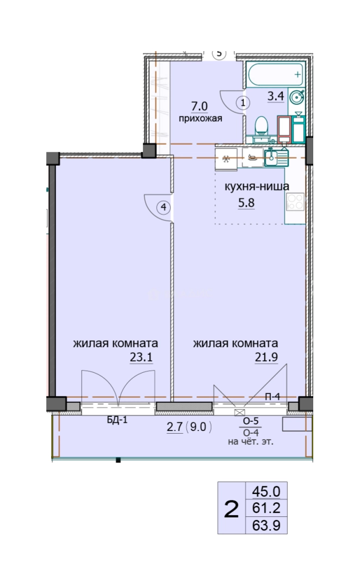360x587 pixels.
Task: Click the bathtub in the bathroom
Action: [275, 74]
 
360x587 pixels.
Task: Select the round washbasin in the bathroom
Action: [297, 97]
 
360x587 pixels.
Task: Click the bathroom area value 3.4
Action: [275, 96]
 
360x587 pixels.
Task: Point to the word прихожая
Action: [200, 118]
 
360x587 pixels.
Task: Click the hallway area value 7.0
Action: [199, 106]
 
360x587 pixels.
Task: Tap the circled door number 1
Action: [243, 102]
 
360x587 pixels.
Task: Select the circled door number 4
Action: [164, 207]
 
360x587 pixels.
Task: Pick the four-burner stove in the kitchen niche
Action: [295, 202]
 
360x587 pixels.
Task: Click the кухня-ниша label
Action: [257, 186]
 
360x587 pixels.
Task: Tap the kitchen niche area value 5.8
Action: [246, 203]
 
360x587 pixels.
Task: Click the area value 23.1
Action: [141, 358]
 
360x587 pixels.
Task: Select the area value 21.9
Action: [266, 358]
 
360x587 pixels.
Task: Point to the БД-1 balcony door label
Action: [117, 420]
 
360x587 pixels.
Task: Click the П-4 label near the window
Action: [272, 397]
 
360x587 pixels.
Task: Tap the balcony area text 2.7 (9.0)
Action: [190, 427]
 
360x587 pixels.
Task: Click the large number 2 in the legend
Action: [231, 509]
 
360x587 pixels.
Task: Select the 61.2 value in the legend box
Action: [266, 508]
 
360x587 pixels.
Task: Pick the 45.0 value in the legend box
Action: [266, 491]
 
